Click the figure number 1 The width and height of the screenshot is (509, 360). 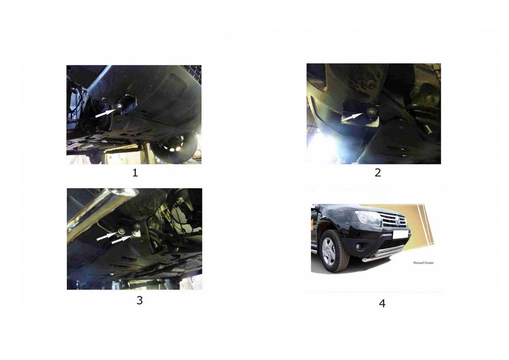[135, 173]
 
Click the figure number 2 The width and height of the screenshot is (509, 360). [378, 173]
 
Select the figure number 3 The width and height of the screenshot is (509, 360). [140, 300]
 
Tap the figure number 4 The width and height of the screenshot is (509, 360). [382, 304]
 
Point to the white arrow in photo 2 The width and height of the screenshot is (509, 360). [352, 117]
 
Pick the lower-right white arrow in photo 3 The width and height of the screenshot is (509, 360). [122, 240]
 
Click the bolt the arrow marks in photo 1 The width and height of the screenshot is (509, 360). [120, 106]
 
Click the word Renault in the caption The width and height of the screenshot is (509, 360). [417, 263]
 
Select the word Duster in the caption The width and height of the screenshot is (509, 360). [428, 263]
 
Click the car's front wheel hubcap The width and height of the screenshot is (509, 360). [329, 251]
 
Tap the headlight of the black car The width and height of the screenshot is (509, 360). [368, 218]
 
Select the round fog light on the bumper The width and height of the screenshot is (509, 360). [358, 247]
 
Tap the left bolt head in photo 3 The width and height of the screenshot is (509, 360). [122, 231]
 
